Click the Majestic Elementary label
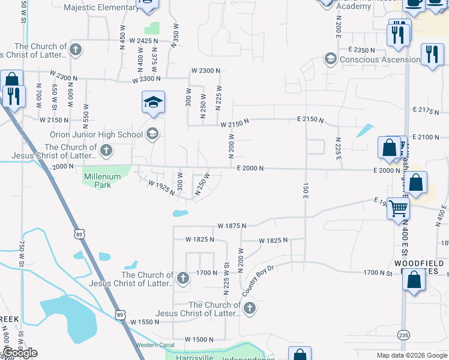pyautogui.click(x=101, y=7)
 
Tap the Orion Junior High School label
pyautogui.click(x=97, y=133)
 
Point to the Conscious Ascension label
pyautogui.click(x=380, y=59)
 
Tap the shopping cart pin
pyautogui.click(x=398, y=209)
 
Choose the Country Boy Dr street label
pyautogui.click(x=258, y=280)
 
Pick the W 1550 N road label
pyautogui.click(x=148, y=322)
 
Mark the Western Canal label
pyautogui.click(x=155, y=344)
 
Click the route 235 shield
pyautogui.click(x=405, y=334)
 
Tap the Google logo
pyautogui.click(x=20, y=353)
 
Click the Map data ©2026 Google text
pyautogui.click(x=411, y=355)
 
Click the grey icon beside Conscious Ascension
pyautogui.click(x=330, y=59)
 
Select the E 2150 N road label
pyautogui.click(x=310, y=121)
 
